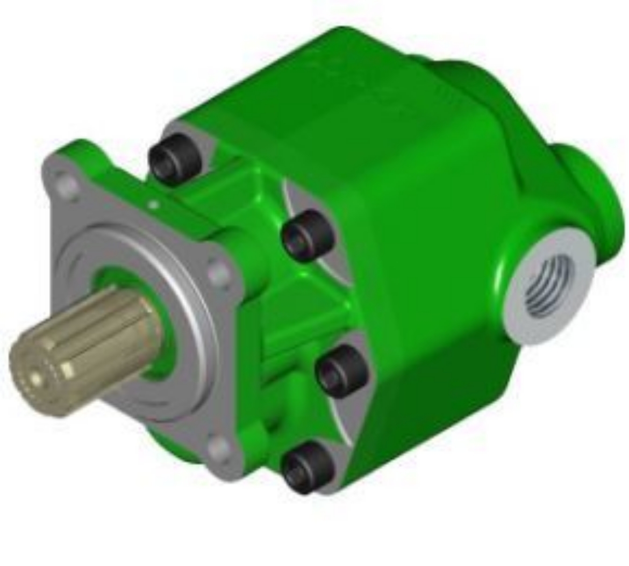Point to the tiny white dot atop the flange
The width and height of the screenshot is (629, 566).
tap(154, 204)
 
